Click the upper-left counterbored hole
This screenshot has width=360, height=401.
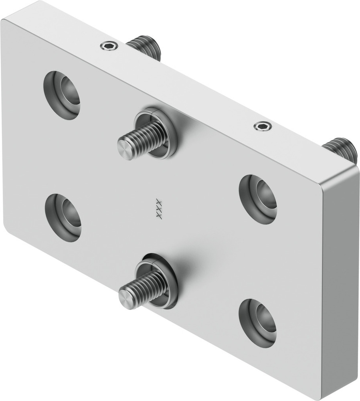(62, 95)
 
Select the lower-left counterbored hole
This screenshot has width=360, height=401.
(63, 218)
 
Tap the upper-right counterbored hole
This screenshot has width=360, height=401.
(258, 199)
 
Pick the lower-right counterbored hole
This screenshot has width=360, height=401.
(258, 323)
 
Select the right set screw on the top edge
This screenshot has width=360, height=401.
(263, 126)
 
